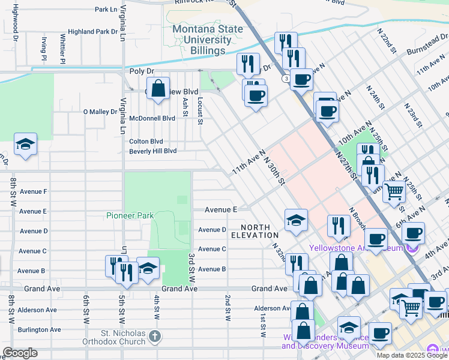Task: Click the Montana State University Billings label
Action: click(202, 40)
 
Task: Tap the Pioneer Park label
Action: click(130, 215)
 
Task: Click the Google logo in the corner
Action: click(20, 353)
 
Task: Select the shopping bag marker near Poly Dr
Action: click(158, 90)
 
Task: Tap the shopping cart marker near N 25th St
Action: click(394, 192)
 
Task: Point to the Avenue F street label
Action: click(33, 191)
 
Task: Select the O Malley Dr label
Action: click(100, 112)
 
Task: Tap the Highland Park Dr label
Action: click(92, 31)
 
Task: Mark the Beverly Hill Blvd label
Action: click(153, 151)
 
